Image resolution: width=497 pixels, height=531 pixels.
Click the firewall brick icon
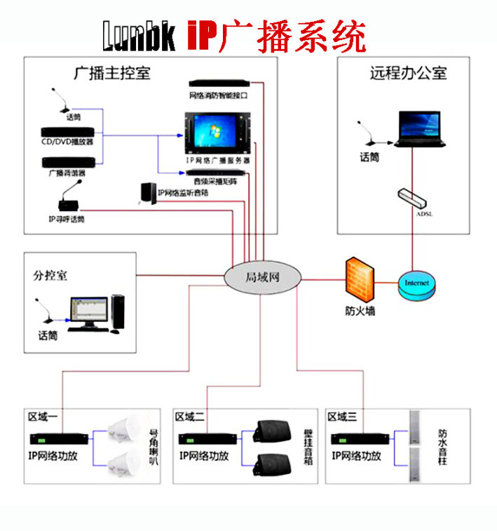pos(360,279)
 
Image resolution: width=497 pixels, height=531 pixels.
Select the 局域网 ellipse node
pos(261,278)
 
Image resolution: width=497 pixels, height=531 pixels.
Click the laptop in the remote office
pos(420,128)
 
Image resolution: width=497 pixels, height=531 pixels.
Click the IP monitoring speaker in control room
pos(147,194)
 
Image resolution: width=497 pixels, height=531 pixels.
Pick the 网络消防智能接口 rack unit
pos(218,84)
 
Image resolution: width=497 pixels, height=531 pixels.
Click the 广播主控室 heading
pos(112,74)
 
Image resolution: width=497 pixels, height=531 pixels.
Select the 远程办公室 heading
pos(408,74)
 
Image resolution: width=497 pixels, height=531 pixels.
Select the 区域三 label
pos(342,417)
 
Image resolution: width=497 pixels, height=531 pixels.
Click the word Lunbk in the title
pos(140,35)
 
